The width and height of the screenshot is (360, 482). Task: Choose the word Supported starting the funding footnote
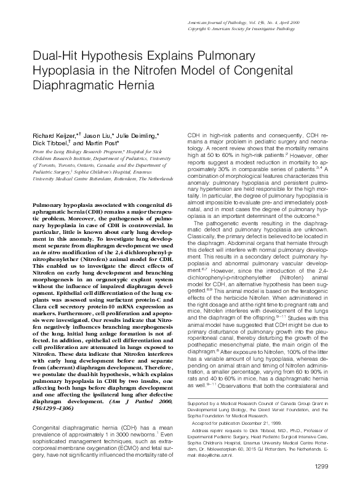tap(197, 386)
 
